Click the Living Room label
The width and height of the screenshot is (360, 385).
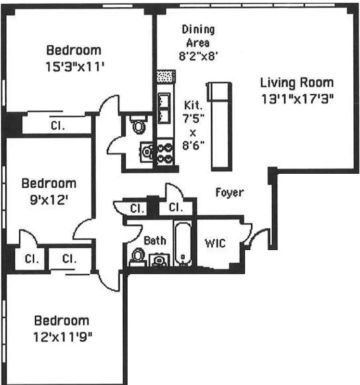tap(296, 82)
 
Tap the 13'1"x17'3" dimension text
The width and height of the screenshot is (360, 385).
tap(297, 99)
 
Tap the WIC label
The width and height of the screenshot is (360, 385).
tap(215, 244)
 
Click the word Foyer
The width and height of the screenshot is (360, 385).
tap(229, 193)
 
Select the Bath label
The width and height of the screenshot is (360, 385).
tap(155, 241)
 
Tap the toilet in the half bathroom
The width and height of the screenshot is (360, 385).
tap(139, 126)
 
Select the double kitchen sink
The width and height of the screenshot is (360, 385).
tap(164, 108)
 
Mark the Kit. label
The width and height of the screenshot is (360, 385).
tap(193, 105)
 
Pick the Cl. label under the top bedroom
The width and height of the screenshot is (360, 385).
tap(58, 126)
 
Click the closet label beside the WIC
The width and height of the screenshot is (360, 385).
tap(176, 208)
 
